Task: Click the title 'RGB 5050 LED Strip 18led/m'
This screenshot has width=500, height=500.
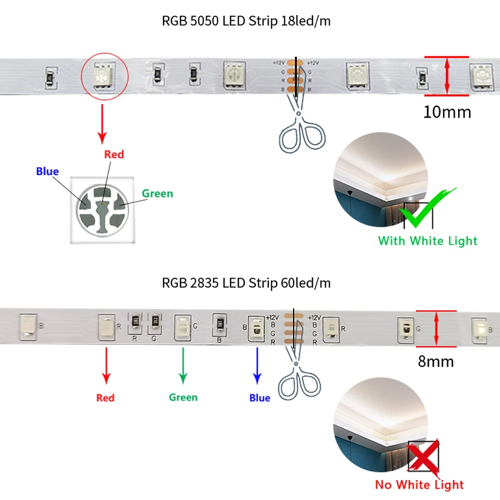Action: point(246,21)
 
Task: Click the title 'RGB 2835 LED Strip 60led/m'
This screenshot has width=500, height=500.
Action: point(246,283)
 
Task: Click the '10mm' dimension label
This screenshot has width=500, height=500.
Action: point(447,112)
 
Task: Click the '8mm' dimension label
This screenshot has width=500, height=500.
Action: point(436,361)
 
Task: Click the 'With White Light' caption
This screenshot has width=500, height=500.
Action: point(428,241)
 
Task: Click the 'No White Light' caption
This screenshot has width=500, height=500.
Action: point(419,485)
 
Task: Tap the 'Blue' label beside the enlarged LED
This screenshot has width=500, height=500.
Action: point(47,171)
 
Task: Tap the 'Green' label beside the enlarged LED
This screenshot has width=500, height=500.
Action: point(157,194)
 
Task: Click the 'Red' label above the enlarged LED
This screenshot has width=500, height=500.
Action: point(114,154)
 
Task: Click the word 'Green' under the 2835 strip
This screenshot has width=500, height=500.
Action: point(183,397)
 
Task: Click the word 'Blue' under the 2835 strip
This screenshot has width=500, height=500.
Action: point(259,398)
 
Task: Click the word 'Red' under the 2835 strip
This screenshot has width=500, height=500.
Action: point(105,398)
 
